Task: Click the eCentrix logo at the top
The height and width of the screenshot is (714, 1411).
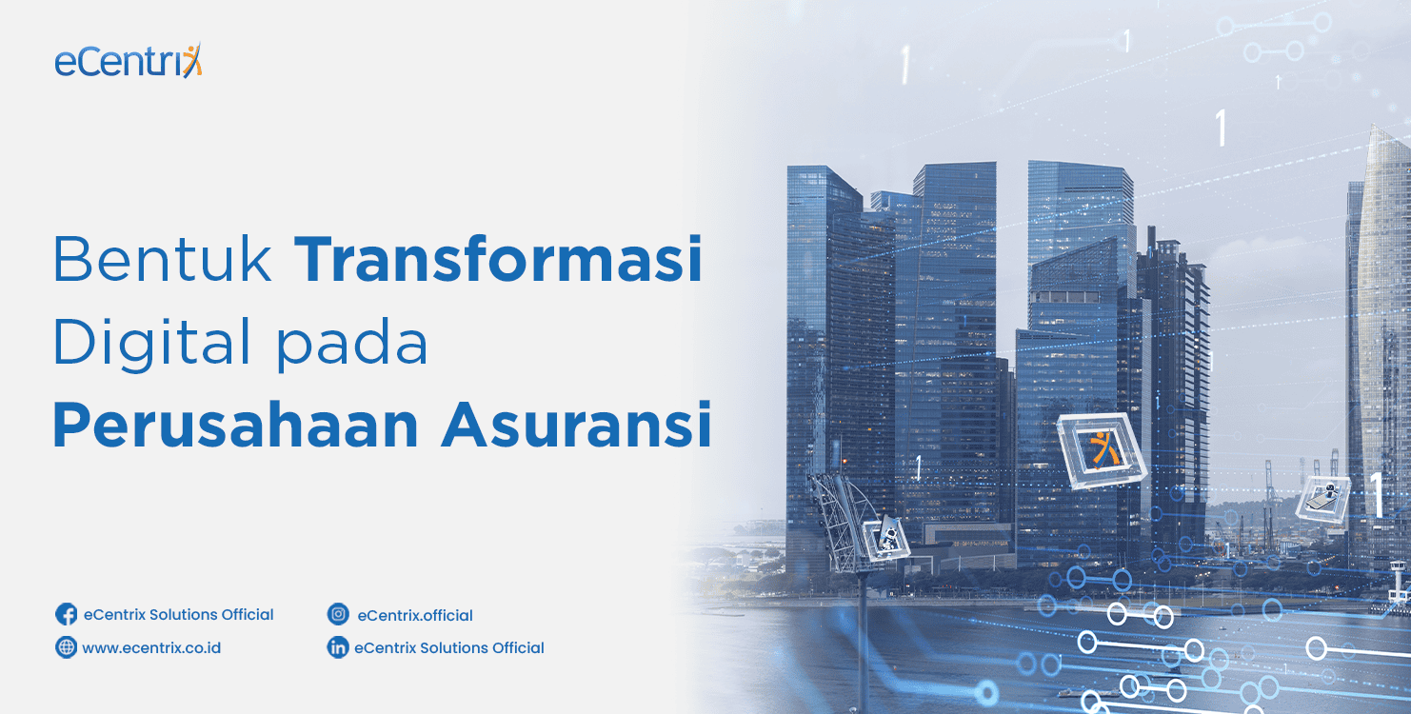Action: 129,60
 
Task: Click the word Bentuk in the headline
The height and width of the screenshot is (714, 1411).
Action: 163,259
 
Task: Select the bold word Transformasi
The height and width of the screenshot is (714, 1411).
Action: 498,259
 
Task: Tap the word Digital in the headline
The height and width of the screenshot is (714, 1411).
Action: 152,344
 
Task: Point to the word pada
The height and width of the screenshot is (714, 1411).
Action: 352,344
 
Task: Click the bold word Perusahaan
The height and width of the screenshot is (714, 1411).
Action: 235,426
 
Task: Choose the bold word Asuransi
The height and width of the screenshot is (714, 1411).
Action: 576,425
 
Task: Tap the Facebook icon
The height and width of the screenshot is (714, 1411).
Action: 66,614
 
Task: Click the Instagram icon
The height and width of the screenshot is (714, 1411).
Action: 338,614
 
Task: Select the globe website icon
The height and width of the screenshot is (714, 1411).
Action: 66,646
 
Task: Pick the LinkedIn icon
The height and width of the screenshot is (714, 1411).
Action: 338,646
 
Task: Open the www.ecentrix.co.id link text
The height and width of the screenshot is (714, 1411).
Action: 151,648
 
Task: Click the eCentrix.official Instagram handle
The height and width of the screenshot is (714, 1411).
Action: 415,615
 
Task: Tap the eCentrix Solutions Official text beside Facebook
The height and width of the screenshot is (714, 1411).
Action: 178,615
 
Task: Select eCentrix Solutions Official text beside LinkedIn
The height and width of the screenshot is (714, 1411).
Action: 449,648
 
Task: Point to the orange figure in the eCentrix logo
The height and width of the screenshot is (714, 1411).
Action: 192,60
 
